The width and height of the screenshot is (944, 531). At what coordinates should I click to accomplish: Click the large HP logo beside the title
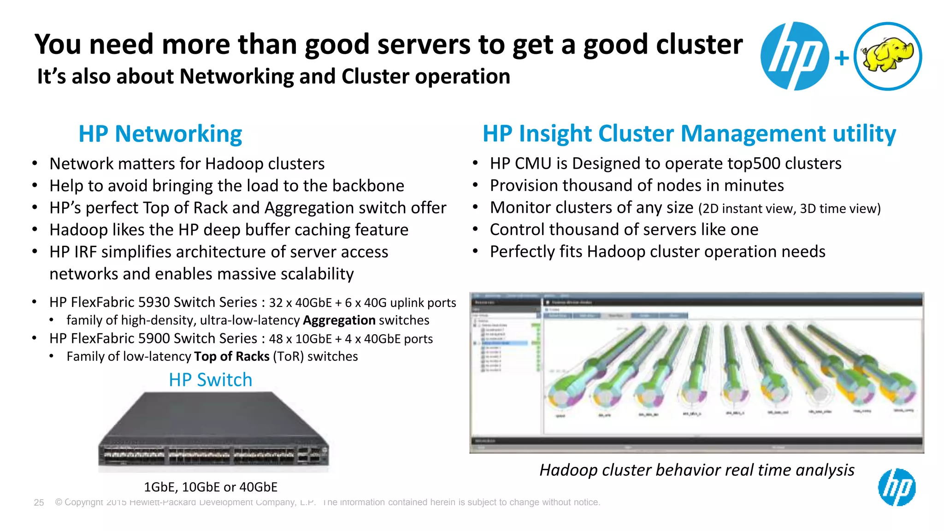794,56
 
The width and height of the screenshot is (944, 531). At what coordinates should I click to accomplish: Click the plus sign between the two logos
842,58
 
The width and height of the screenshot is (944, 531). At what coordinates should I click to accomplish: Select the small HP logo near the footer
897,487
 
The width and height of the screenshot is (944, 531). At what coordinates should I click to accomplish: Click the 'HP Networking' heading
160,134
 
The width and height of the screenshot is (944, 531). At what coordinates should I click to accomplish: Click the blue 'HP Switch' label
210,380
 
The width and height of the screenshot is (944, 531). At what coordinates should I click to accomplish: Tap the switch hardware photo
213,431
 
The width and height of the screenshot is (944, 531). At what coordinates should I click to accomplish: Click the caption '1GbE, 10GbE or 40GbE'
211,487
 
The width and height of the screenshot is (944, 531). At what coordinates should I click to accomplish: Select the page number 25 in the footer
39,502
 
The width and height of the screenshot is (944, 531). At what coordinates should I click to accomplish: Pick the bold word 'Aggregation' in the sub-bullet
339,320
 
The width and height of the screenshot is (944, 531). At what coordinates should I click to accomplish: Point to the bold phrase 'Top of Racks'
231,357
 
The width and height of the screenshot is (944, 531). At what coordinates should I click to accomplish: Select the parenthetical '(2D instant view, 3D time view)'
789,209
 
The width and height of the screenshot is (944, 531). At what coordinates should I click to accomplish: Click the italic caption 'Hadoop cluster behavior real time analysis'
696,470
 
